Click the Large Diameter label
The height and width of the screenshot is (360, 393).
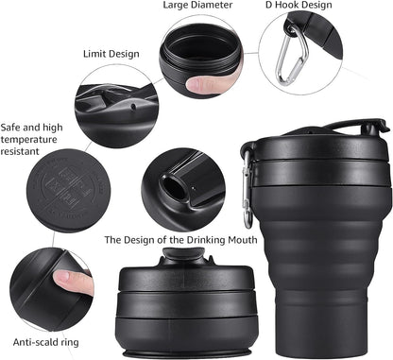tap(196, 6)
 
